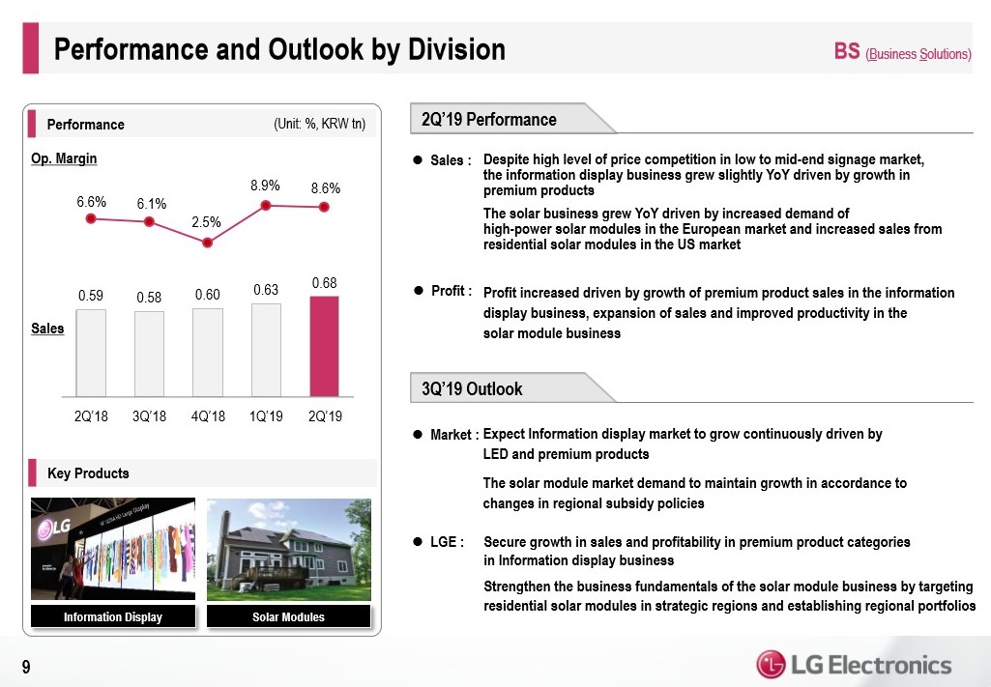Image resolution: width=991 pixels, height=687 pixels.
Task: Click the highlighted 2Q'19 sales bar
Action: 325,345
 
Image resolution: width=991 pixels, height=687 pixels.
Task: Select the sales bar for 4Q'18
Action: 208,352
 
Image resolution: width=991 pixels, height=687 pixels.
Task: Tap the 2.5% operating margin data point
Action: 207,243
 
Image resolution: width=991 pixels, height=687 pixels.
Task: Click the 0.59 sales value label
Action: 91,293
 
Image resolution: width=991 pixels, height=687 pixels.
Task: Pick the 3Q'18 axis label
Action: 149,416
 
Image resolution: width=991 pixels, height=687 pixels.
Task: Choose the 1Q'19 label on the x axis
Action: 266,416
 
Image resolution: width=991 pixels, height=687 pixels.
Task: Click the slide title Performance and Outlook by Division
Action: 279,49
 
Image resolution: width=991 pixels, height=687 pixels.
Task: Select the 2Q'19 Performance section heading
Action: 489,119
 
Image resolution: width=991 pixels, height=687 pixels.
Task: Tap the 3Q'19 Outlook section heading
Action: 472,388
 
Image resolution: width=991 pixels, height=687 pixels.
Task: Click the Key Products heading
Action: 88,472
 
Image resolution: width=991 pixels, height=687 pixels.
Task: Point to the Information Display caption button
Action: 113,616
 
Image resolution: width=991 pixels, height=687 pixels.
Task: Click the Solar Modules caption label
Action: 288,616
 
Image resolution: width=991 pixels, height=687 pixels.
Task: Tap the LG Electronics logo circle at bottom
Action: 771,665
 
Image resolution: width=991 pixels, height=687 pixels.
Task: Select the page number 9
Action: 26,666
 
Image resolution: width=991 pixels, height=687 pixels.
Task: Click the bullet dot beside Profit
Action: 419,290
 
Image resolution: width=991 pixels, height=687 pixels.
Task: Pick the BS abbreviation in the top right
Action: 847,51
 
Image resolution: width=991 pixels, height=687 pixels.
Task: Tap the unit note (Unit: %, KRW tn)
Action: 319,124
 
